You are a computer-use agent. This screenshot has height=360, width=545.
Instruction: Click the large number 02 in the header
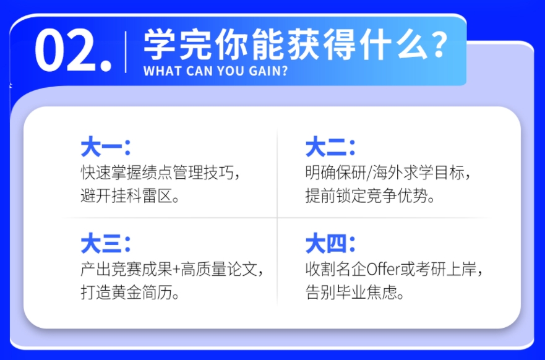click(73, 50)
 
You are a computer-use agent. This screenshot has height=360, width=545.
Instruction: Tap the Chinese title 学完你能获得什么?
click(296, 45)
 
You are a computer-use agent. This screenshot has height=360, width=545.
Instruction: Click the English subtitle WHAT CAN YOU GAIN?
click(215, 71)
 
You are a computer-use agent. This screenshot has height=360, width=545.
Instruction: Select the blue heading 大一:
click(105, 147)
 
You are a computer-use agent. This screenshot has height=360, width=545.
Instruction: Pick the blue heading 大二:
click(330, 147)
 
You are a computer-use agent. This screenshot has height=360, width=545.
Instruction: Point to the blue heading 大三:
click(105, 244)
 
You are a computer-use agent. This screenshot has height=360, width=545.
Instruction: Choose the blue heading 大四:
click(330, 244)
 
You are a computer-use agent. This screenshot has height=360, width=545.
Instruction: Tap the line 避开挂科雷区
click(130, 196)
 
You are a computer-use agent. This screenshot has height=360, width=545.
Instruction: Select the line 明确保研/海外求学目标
click(388, 173)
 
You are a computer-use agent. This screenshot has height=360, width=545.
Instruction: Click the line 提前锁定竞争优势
click(370, 196)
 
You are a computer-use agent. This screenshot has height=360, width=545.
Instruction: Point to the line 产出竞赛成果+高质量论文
click(172, 269)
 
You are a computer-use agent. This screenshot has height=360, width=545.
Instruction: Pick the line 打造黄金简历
click(130, 293)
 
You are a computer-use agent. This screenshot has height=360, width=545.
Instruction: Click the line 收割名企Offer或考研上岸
click(394, 269)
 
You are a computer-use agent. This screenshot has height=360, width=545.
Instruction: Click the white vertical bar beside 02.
click(126, 52)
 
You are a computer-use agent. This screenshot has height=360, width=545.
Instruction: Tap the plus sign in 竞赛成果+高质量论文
click(176, 270)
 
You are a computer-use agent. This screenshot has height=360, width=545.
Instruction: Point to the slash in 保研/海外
click(369, 173)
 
